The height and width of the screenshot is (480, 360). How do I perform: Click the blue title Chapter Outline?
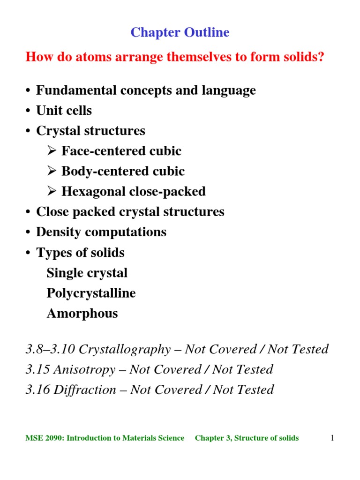point(180,32)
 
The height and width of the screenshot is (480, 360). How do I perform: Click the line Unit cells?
point(64,111)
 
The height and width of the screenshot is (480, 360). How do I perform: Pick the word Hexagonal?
point(90,192)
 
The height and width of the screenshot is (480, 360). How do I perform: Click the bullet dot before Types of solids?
point(29,253)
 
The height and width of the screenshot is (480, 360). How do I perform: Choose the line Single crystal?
point(87,273)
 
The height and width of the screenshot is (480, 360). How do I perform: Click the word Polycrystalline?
point(91,293)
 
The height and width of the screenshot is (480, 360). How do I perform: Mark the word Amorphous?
point(82,314)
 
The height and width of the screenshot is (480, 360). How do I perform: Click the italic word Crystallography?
point(125,349)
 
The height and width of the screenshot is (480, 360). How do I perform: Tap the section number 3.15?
point(38,369)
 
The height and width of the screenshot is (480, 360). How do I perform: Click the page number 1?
point(332,438)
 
